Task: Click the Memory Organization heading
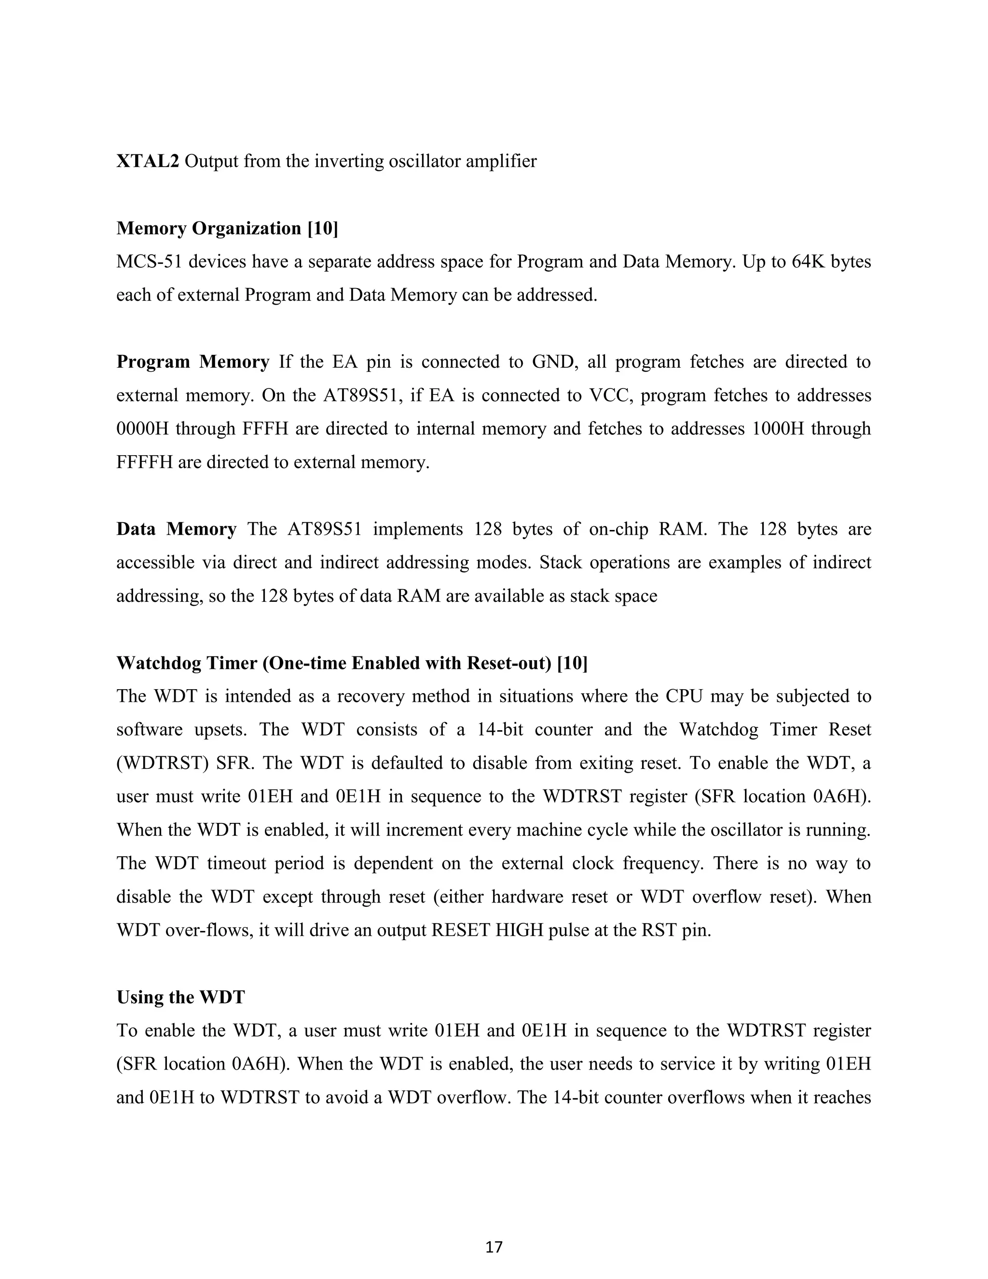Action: [227, 228]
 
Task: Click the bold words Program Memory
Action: [192, 362]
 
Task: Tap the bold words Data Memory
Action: [176, 529]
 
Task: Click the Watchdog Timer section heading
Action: [352, 663]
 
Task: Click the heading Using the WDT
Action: [180, 997]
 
